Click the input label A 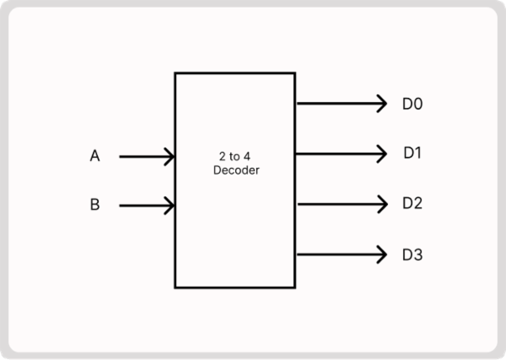point(94,156)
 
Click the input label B point(94,205)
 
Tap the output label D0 point(412,105)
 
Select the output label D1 point(412,153)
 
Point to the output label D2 point(412,203)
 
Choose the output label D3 point(412,254)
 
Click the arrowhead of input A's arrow point(170,156)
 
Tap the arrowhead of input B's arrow point(170,205)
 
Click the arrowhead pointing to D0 point(381,105)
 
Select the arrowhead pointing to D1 point(381,153)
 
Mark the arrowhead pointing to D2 point(381,203)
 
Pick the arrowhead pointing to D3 point(381,254)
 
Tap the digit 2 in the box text point(220,158)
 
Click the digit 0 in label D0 point(417,105)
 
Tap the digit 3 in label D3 point(417,254)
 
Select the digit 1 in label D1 point(417,153)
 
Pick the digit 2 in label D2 point(417,203)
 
